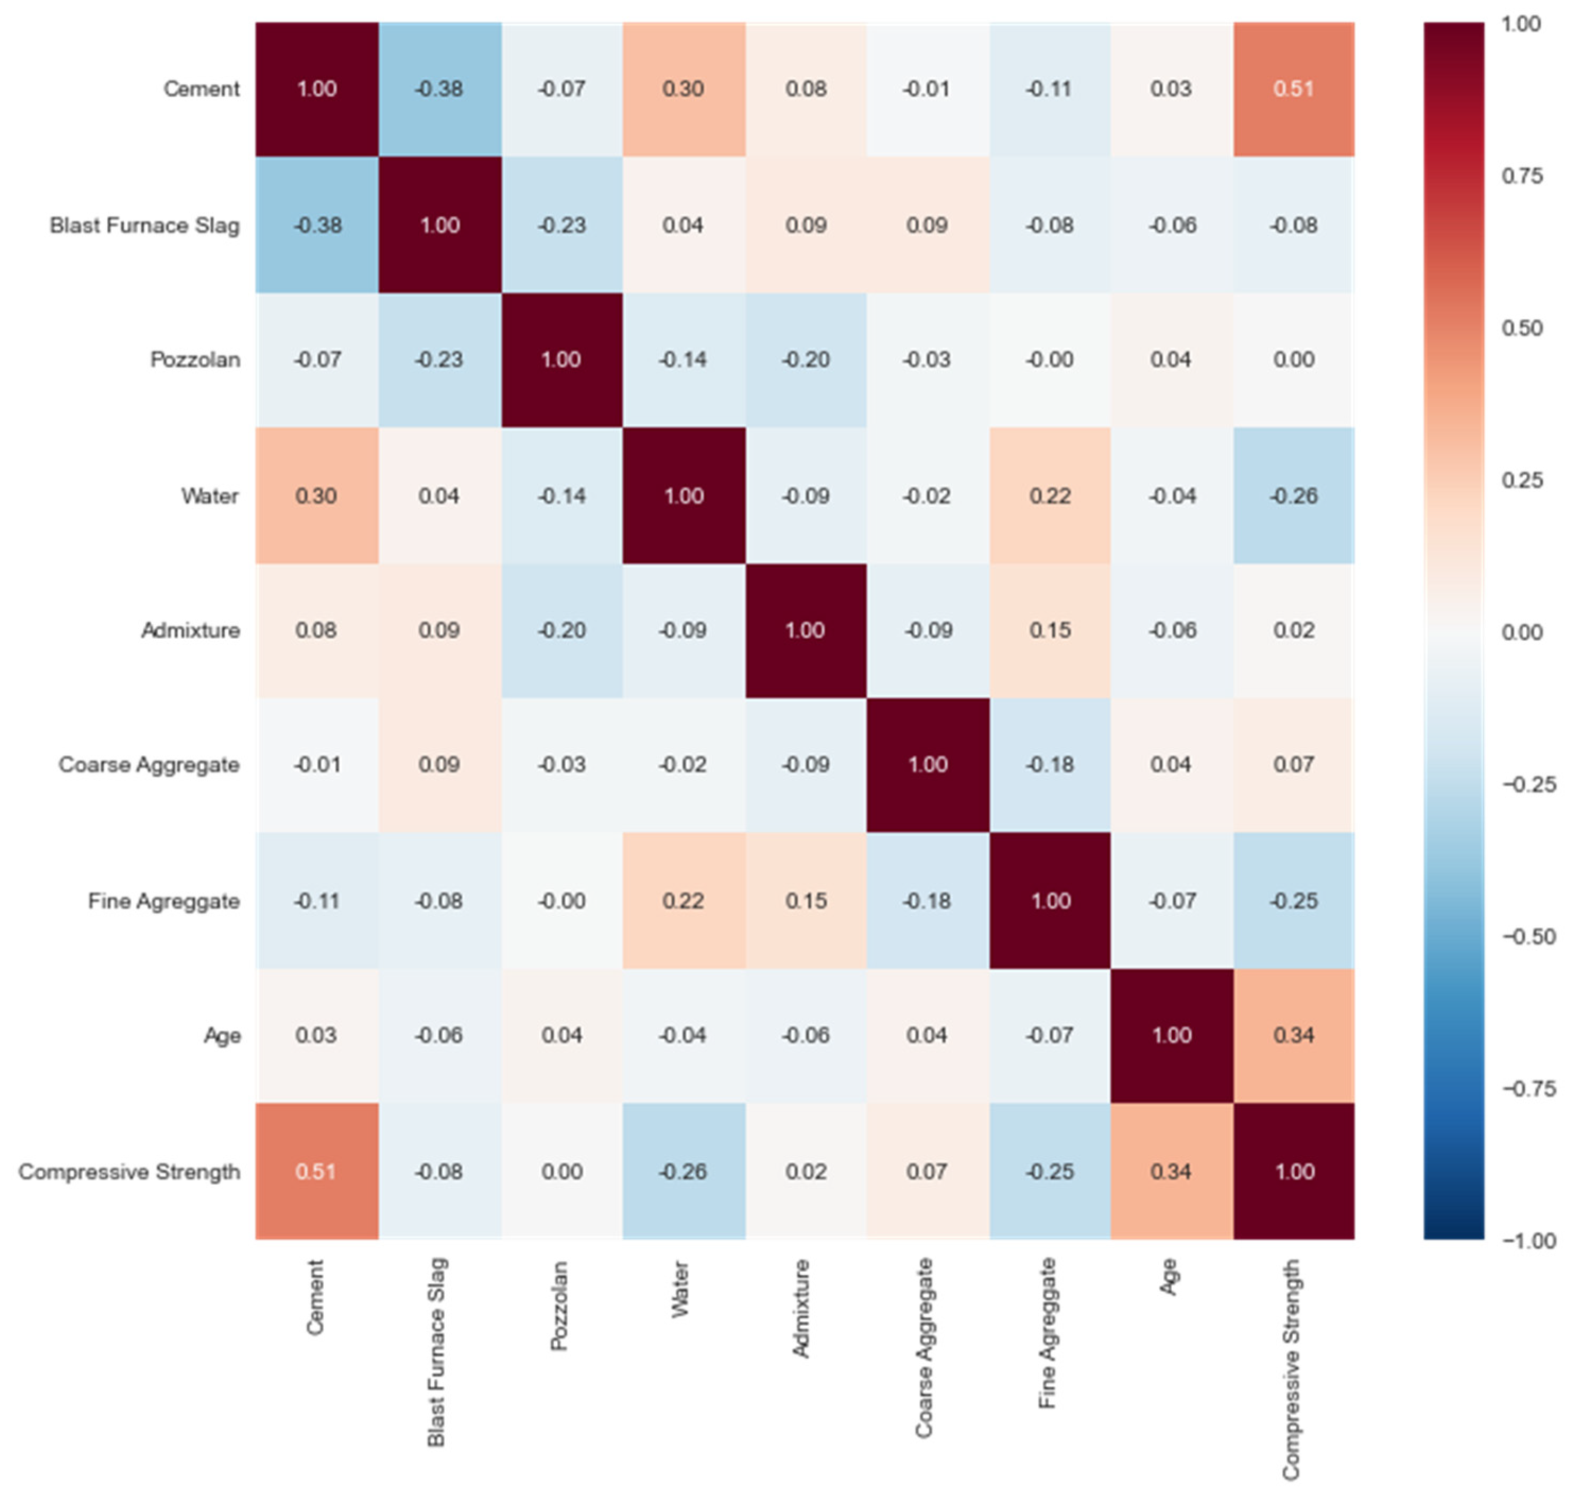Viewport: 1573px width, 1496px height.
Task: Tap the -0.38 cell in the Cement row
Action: [439, 89]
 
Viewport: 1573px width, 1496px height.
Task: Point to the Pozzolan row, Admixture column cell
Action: [806, 360]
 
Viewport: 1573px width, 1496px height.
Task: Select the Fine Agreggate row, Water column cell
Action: [684, 901]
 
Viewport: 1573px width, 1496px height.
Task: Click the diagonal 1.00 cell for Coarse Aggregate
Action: [928, 765]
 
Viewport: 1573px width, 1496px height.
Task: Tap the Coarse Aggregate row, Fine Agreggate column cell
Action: [1050, 765]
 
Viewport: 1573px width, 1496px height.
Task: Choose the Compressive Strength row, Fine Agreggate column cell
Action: [1050, 1171]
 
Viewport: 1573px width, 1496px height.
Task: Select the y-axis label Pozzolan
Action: [195, 360]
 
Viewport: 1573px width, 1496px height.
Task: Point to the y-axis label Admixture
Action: [190, 631]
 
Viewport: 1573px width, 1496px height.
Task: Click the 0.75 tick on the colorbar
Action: [1521, 176]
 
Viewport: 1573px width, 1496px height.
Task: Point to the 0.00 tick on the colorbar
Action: [1521, 632]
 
